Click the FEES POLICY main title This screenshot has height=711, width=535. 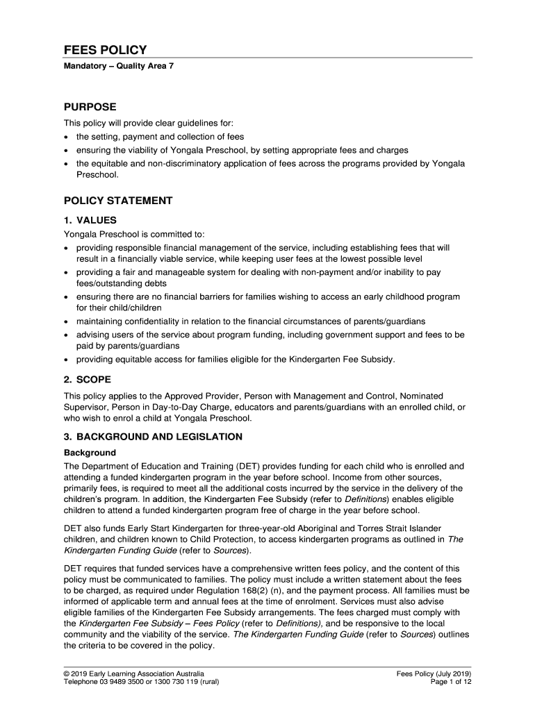(x=105, y=50)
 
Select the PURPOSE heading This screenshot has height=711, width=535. (x=90, y=107)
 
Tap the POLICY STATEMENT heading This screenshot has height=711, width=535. (x=118, y=201)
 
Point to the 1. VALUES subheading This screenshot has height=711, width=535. (x=90, y=220)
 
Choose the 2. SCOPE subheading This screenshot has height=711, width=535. (x=88, y=380)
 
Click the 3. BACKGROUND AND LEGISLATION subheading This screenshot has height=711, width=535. (x=154, y=437)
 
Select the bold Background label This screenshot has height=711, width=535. (x=90, y=453)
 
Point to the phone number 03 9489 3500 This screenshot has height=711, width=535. (x=126, y=683)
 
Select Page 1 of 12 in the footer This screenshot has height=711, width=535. (x=452, y=683)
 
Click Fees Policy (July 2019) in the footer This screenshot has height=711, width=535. (x=434, y=674)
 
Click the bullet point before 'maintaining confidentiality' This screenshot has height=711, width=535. (x=67, y=322)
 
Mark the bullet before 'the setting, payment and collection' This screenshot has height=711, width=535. (x=67, y=137)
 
